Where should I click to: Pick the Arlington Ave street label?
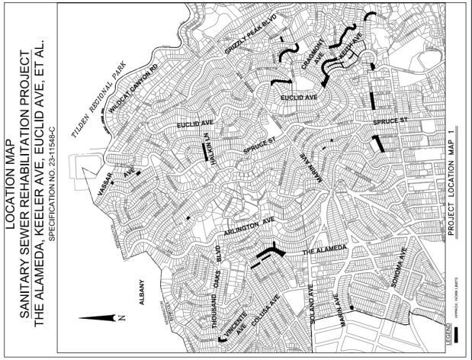pyautogui.click(x=245, y=230)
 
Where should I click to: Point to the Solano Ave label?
pyautogui.click(x=312, y=306)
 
